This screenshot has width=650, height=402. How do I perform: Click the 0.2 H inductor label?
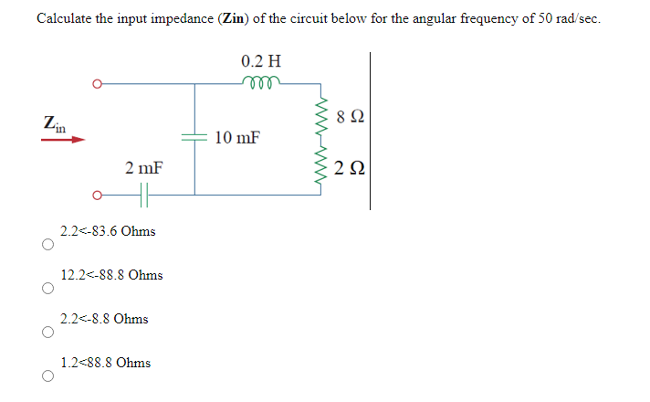coord(261,62)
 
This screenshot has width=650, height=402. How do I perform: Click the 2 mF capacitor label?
coord(144,169)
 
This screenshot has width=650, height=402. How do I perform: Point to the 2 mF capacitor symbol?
coord(144,194)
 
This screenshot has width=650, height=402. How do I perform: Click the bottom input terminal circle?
coord(96,194)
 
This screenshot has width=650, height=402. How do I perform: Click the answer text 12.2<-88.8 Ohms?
coord(111,275)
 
